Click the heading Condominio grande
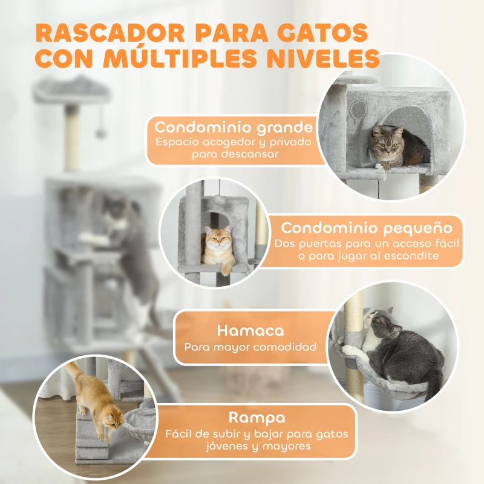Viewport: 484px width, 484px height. click(x=234, y=128)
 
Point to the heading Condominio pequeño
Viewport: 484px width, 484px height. click(x=367, y=228)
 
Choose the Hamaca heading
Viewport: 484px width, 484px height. click(x=250, y=331)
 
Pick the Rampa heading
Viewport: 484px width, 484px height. click(x=257, y=417)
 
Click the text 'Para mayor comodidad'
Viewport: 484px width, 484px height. click(x=250, y=347)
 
